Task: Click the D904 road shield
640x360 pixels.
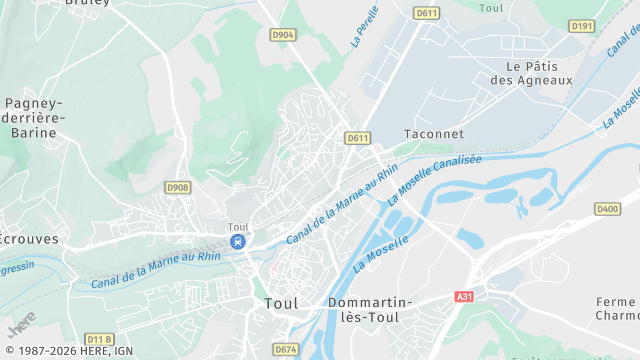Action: [283, 35]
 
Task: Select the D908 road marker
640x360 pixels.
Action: [177, 187]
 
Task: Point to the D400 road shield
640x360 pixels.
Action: [607, 209]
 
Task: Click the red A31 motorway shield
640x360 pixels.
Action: [463, 297]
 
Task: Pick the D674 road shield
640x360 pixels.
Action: [286, 349]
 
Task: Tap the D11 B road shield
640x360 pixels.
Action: [99, 339]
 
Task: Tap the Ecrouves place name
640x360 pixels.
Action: [28, 240]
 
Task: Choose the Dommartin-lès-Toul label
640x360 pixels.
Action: [371, 309]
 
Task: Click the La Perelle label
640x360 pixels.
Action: [366, 28]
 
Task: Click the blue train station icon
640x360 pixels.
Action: [237, 242]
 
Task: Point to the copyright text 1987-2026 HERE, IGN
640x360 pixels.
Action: [67, 351]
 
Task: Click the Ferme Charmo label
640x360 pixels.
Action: [616, 309]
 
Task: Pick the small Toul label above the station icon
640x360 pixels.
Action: [238, 227]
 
